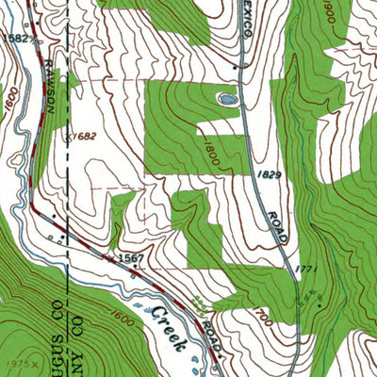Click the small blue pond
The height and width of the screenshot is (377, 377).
click(226, 97)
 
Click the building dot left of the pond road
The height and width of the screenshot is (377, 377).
click(232, 68)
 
